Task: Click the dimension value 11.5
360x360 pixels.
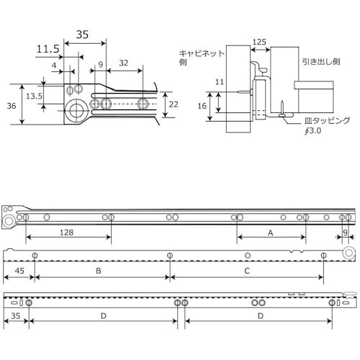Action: point(48,49)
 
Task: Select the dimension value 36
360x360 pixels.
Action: point(12,106)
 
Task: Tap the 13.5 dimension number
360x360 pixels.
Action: point(34,96)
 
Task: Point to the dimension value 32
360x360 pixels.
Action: point(124,63)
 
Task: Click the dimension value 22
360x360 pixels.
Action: point(174,104)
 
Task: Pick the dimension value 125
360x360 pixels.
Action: point(259,42)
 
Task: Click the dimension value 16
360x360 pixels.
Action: point(202,106)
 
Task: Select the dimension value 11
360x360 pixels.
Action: point(220,82)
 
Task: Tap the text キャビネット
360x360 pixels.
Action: point(202,53)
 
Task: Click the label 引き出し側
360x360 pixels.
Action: point(321,62)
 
